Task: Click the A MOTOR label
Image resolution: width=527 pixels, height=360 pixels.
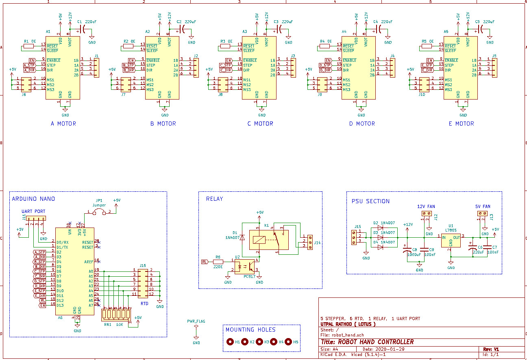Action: point(63,124)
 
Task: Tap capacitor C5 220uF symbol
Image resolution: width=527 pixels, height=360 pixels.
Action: point(481,29)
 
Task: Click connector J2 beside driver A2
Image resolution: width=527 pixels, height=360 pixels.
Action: point(196,67)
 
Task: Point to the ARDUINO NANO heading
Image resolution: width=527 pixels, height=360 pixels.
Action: point(33,199)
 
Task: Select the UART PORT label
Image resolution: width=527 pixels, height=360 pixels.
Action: point(33,211)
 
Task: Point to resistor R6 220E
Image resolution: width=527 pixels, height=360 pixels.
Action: point(218,262)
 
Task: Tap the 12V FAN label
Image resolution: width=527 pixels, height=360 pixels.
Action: point(426,206)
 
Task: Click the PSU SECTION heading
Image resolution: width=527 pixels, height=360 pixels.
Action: point(370,201)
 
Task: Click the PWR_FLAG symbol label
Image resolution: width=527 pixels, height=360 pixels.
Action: point(196,321)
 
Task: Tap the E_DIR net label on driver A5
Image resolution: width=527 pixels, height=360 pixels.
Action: point(427,70)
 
